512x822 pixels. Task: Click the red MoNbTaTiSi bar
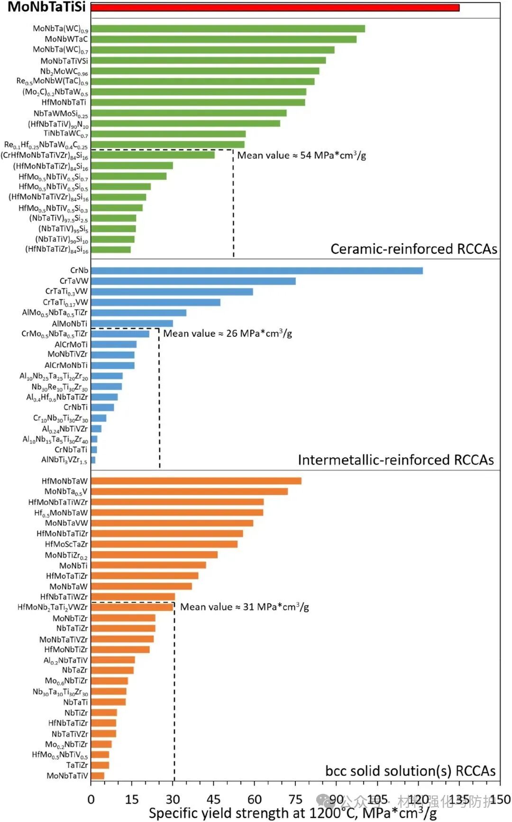(275, 8)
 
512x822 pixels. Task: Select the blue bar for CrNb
(256, 271)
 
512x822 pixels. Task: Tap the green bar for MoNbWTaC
(223, 39)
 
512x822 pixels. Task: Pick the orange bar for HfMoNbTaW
(196, 481)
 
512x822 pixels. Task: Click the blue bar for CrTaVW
(193, 281)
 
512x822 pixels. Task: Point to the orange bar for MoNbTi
(148, 565)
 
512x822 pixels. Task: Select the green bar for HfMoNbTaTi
(198, 102)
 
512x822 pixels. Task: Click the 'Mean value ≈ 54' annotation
(302, 156)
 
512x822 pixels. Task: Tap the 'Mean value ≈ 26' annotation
(228, 333)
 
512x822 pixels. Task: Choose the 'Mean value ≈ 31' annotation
(245, 607)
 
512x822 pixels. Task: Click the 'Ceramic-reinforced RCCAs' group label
(413, 249)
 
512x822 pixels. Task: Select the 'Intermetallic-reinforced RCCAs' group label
(395, 460)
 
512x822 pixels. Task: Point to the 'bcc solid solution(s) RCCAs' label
(410, 771)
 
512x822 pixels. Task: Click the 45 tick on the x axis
(213, 800)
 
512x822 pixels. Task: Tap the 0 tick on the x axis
(91, 800)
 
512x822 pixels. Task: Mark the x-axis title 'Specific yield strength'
(293, 813)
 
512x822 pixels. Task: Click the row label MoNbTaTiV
(67, 776)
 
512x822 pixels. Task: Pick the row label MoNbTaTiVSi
(64, 61)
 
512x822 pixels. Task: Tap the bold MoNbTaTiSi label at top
(46, 7)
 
